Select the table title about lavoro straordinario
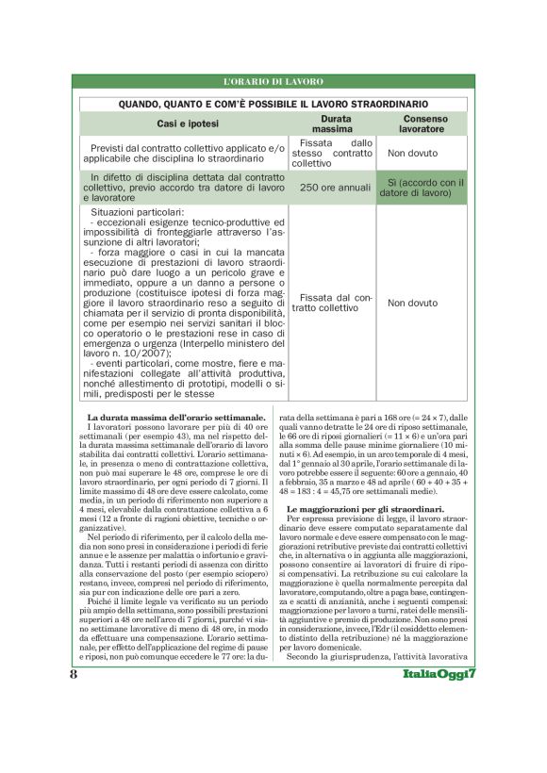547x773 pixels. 273,104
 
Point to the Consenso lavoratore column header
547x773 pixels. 423,124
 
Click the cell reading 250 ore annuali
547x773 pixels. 335,189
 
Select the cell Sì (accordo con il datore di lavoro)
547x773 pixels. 424,187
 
